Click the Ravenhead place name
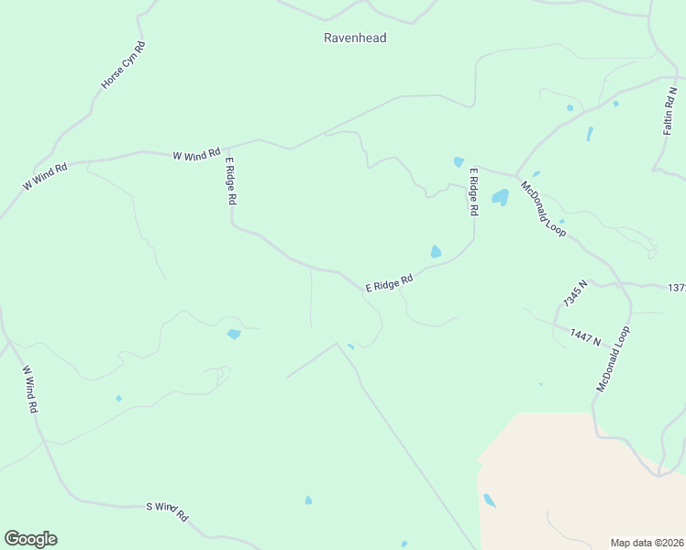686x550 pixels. (355, 38)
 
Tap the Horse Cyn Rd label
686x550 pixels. (124, 65)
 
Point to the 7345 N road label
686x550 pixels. (575, 293)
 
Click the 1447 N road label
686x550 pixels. (584, 337)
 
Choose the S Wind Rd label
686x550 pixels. (167, 511)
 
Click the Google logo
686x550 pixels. (30, 539)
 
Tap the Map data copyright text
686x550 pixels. (647, 542)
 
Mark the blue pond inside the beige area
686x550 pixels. (490, 500)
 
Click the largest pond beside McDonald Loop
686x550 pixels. (500, 197)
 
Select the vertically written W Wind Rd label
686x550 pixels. (30, 390)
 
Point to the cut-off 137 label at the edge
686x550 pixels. (677, 288)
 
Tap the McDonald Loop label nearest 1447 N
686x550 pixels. (614, 359)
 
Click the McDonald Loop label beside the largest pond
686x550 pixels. (543, 209)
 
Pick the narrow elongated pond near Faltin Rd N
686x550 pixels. (590, 133)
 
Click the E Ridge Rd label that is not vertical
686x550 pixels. (390, 285)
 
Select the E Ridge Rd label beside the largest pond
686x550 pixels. (474, 192)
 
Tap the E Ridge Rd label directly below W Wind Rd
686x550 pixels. (232, 181)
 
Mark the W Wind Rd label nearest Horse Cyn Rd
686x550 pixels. (197, 154)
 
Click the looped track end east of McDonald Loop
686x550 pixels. (651, 249)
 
